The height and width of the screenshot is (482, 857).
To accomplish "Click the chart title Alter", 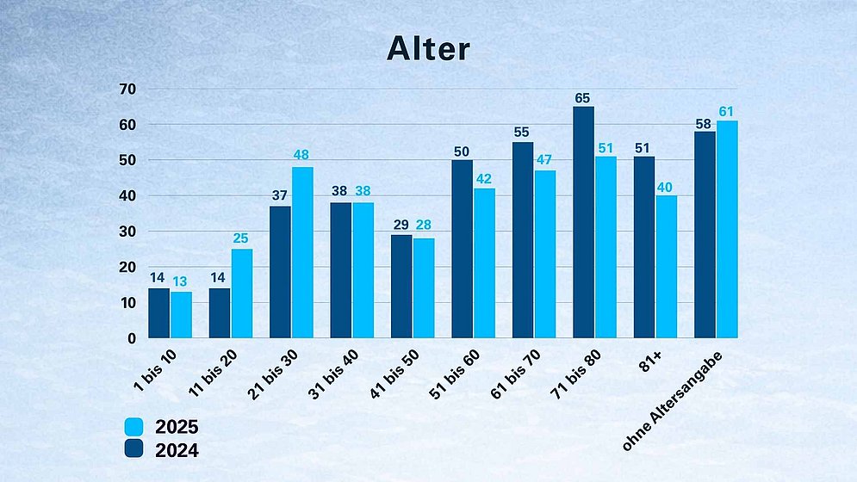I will pos(427,48).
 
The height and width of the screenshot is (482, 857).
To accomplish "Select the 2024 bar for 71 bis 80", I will pos(583,222).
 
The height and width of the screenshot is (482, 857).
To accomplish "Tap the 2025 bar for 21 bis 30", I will pos(302,252).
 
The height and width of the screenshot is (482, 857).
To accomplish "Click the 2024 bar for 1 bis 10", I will pos(158,313).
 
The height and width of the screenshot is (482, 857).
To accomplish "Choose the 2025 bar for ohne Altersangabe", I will pos(727,229).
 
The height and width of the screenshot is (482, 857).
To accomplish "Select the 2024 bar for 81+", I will pos(644,247).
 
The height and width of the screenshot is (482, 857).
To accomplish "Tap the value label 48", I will pos(302,156).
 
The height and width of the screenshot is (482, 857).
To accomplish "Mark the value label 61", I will pos(727,110).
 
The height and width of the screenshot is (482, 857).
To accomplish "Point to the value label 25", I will pos(242,238).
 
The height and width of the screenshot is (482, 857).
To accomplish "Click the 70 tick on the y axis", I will pos(128,89).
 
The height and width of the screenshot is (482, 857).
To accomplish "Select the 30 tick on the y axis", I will pos(128,232).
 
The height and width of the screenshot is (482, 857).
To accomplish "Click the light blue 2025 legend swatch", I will pos(134,426).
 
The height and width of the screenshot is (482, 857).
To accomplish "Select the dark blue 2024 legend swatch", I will pos(134,448).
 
